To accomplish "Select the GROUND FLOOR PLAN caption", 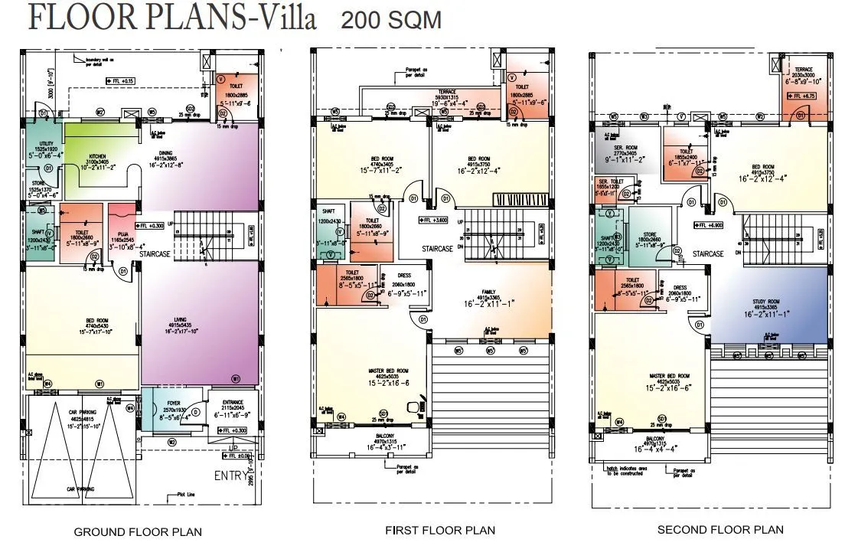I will tap(138, 532).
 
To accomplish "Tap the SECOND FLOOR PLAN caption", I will tap(720, 529).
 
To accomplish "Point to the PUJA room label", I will tap(119, 237).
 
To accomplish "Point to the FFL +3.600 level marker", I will tap(436, 221).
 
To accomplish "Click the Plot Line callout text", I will tap(186, 495).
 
